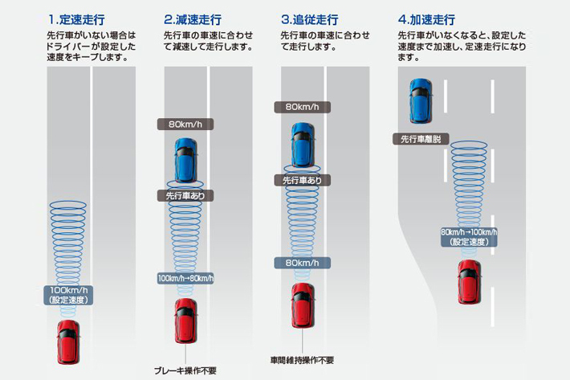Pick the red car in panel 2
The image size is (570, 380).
[185, 320]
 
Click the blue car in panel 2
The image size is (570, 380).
[185, 158]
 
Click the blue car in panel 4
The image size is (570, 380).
[421, 100]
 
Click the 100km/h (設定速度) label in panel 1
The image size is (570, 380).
[69, 294]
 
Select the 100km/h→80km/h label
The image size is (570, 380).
[185, 278]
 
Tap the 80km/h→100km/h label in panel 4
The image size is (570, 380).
[469, 236]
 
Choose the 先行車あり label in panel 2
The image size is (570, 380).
[185, 194]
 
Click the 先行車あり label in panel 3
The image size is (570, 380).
[302, 181]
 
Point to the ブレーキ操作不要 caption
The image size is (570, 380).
[185, 370]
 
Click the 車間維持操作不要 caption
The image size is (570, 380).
[302, 359]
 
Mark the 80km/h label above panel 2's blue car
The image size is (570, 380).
[185, 125]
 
